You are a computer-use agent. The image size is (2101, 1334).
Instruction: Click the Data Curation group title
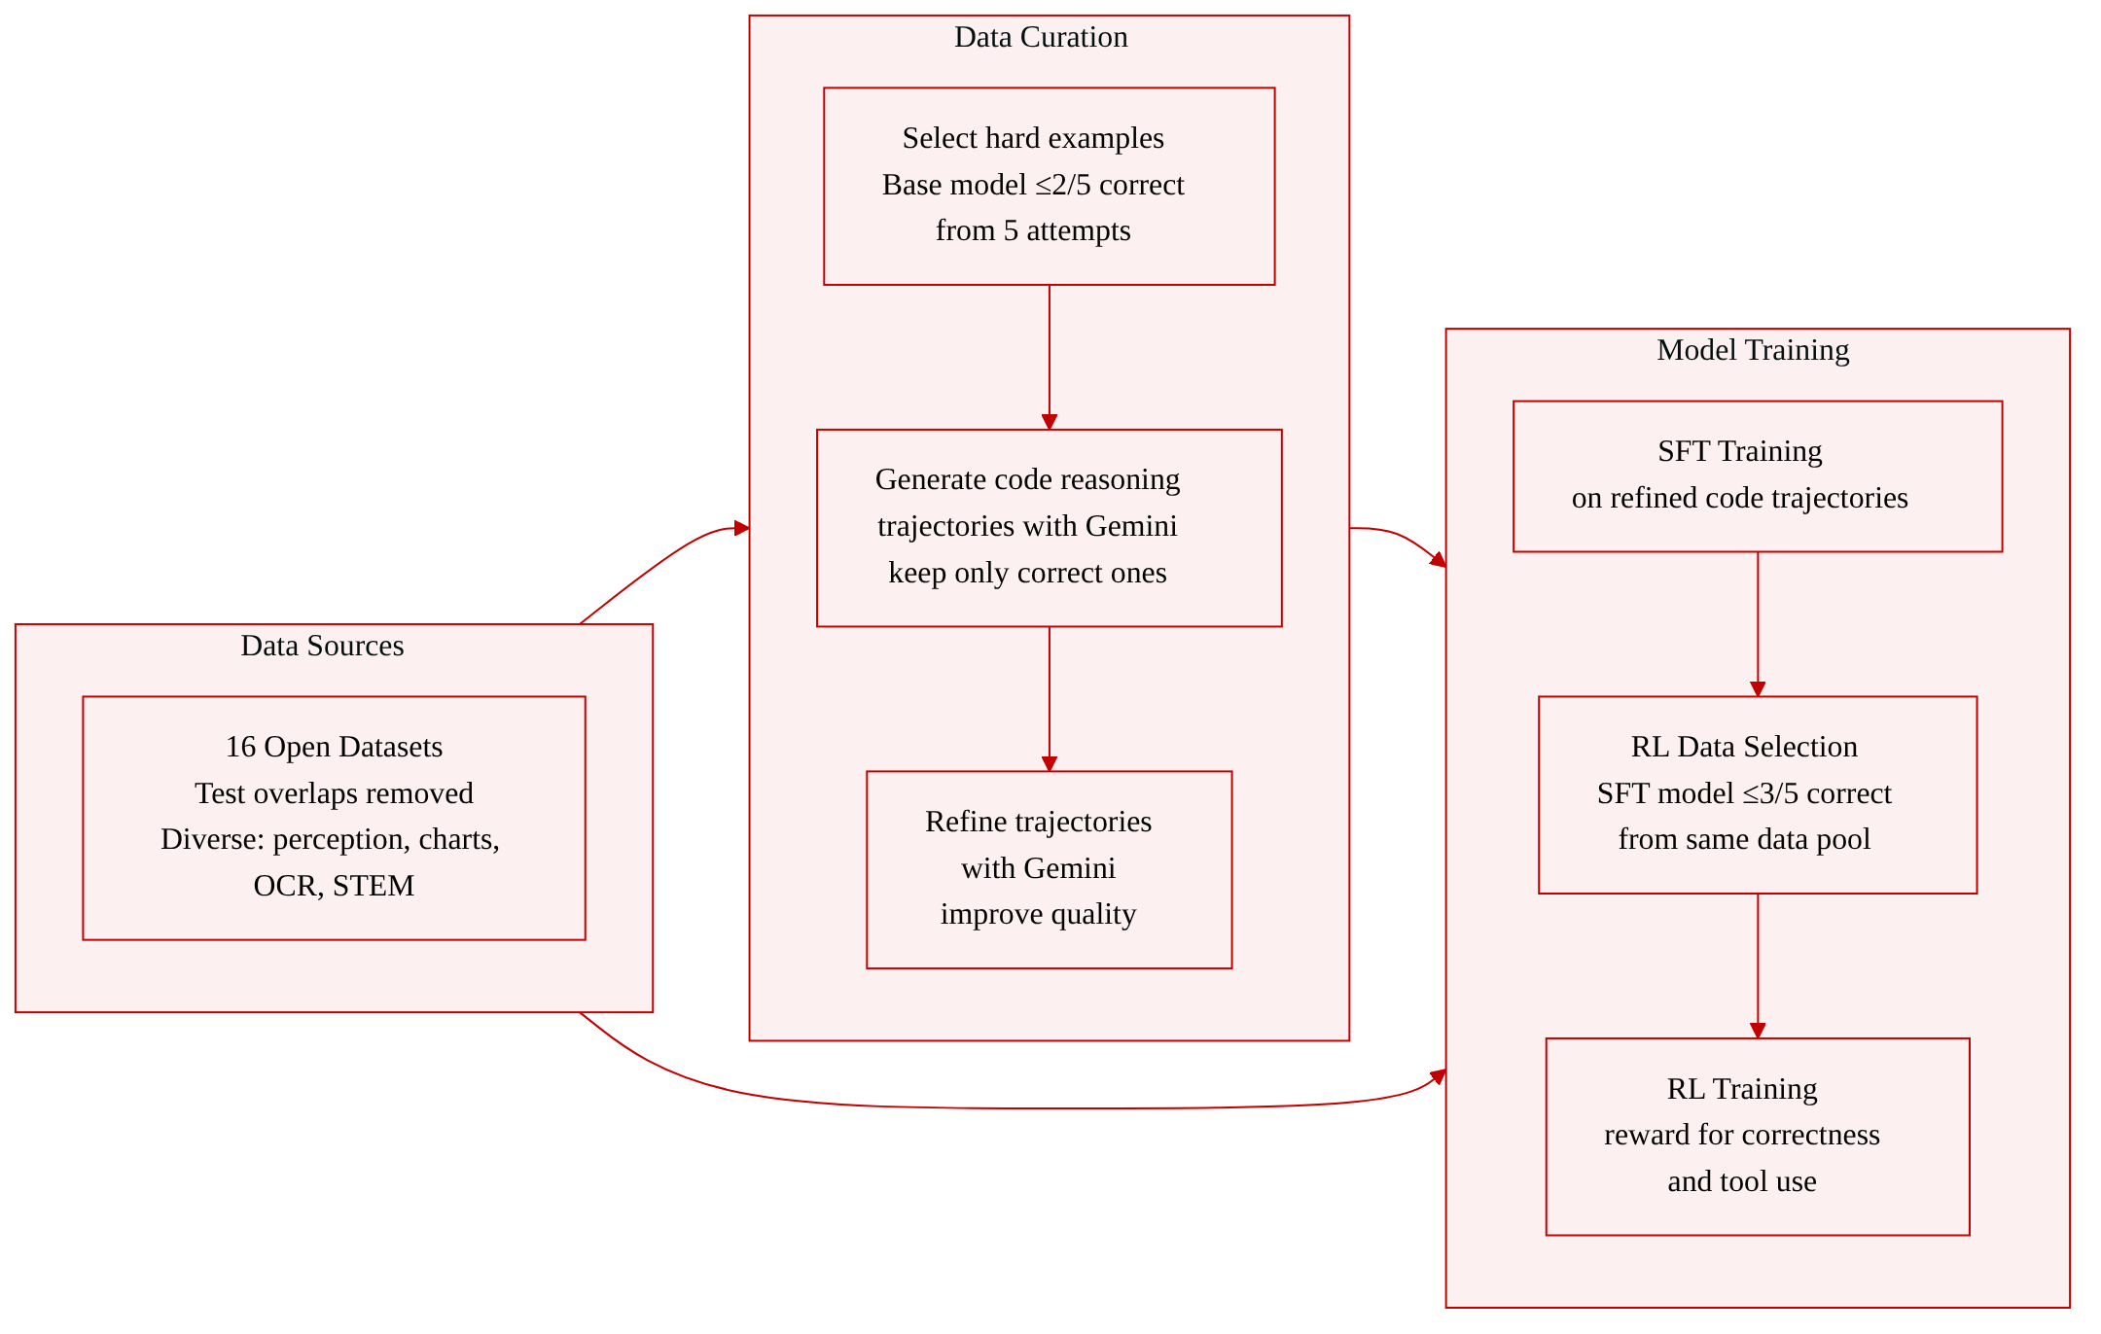point(1041,37)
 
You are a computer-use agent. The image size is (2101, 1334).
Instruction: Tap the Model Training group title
point(1753,350)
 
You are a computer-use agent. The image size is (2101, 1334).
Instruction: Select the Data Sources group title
point(322,646)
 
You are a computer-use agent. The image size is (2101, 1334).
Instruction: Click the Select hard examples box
point(1049,187)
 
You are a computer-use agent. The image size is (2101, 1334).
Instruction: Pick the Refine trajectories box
point(1049,869)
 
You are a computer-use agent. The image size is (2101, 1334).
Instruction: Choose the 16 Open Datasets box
point(334,818)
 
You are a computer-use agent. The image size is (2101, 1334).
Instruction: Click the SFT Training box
point(1758,476)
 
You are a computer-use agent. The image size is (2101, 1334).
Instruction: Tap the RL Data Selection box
point(1758,794)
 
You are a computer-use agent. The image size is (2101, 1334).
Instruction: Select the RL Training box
point(1758,1137)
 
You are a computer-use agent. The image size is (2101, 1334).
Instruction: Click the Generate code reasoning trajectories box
point(1049,528)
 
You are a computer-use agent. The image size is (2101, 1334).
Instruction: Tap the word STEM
point(374,886)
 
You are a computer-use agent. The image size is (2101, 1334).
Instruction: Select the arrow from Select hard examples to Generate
point(1049,357)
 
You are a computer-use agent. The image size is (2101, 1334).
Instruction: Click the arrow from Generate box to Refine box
point(1049,699)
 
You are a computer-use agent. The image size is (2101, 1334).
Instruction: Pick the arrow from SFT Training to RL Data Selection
point(1758,624)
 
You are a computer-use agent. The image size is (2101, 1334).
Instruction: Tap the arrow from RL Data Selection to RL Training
point(1758,965)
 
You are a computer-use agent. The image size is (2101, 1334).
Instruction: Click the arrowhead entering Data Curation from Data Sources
point(742,528)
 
